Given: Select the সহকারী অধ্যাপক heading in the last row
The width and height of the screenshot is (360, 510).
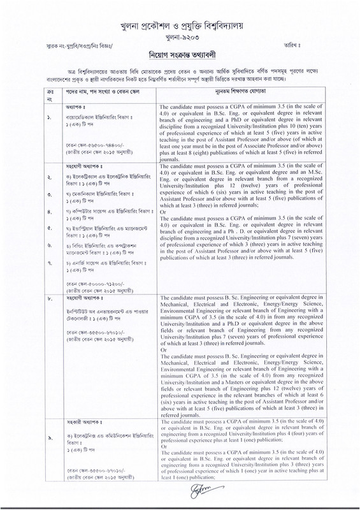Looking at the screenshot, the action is click(x=65, y=441).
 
